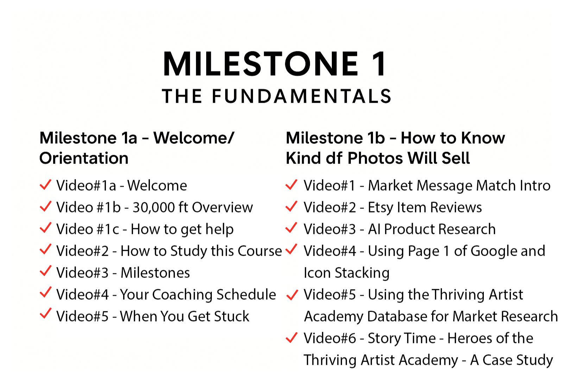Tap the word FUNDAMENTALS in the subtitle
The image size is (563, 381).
point(301,96)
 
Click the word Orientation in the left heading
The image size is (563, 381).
point(84,158)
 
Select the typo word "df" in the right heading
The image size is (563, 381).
point(334,158)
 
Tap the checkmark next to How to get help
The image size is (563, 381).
point(45,228)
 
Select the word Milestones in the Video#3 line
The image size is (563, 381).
point(155,273)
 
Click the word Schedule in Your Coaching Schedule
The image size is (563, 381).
point(246,294)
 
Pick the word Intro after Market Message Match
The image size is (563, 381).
point(535,185)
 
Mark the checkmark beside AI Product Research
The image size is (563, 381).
point(292,228)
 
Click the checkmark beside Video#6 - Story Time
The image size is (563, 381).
point(292,337)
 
